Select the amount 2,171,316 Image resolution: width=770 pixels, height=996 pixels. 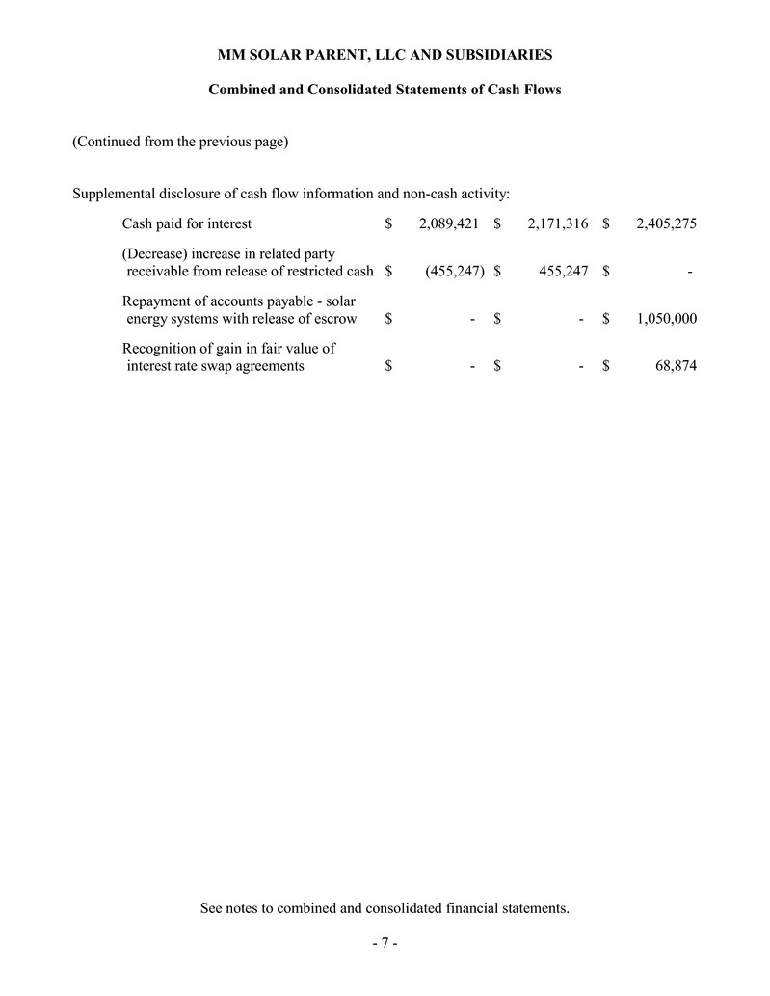pyautogui.click(x=558, y=224)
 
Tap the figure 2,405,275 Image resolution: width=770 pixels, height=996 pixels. pyautogui.click(x=667, y=224)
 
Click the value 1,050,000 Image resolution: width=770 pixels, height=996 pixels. pyautogui.click(x=667, y=319)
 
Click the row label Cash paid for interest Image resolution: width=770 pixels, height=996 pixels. pyautogui.click(x=186, y=224)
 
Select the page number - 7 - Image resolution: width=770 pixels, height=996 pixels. pyautogui.click(x=385, y=943)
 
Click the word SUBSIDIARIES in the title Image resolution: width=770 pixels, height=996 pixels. pyautogui.click(x=496, y=54)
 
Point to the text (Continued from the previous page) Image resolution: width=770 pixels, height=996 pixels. pyautogui.click(x=181, y=143)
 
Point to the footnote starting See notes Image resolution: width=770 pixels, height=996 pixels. pyautogui.click(x=385, y=907)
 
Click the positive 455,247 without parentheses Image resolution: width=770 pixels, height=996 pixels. pyautogui.click(x=563, y=272)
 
